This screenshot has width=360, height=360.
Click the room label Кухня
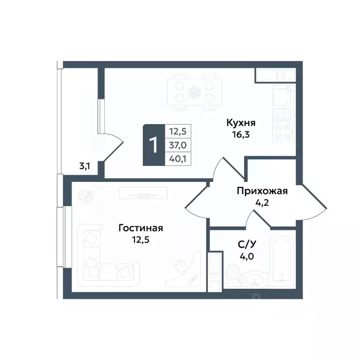pos(240,123)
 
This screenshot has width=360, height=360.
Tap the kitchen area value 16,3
pos(240,135)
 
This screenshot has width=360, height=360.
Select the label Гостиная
pos(141,228)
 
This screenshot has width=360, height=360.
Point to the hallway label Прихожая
pos(262,191)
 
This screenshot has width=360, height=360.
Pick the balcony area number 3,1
pos(84,165)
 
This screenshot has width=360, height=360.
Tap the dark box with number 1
pos(153,145)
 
